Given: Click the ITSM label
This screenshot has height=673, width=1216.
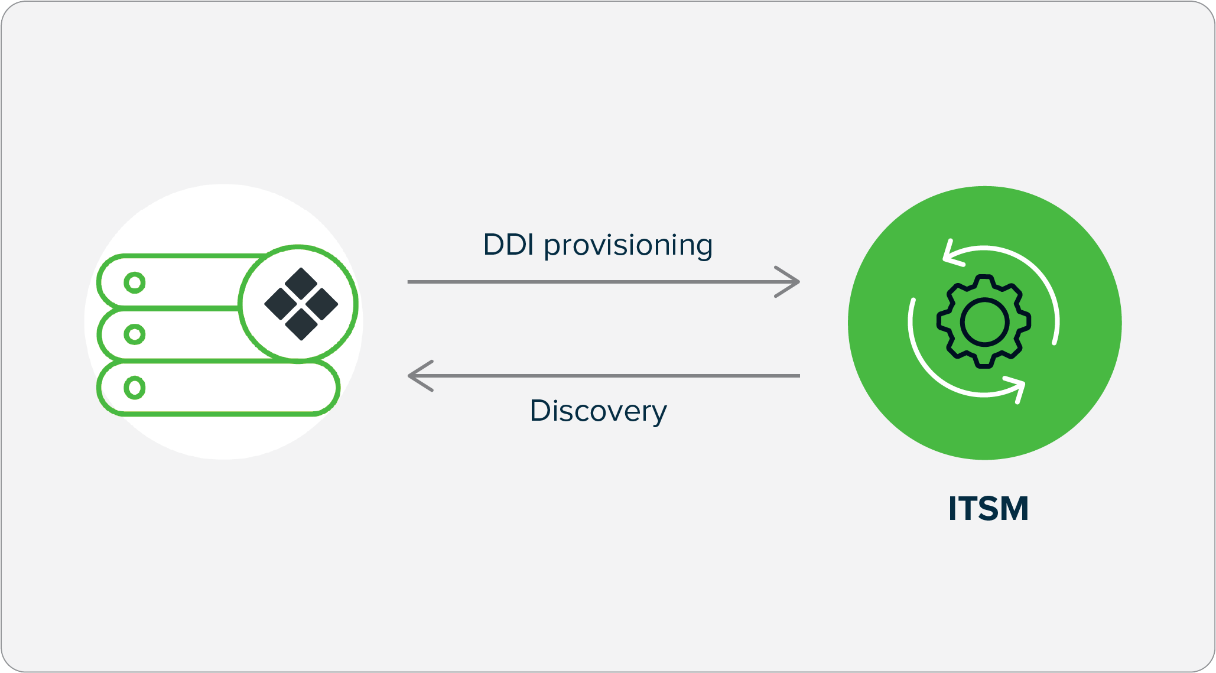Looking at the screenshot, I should (988, 509).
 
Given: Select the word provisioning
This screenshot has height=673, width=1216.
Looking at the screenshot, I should (628, 246).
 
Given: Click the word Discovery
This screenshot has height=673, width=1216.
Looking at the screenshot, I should (598, 411).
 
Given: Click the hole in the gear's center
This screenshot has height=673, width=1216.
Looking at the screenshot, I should (984, 322).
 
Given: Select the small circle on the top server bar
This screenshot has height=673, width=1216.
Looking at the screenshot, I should (135, 282).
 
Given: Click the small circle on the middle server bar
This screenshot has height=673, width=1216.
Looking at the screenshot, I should (135, 334).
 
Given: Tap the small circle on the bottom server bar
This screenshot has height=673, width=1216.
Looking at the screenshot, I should (135, 388).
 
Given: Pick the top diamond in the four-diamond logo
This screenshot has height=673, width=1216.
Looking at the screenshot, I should (301, 283).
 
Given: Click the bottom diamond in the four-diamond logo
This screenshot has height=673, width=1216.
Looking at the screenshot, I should (301, 324).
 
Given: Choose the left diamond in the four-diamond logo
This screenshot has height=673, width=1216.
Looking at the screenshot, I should (281, 304).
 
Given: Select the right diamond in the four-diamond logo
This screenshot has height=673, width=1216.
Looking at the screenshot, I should (322, 304).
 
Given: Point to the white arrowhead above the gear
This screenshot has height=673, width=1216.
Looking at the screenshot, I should (951, 253).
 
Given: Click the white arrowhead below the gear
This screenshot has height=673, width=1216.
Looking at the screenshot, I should (1017, 388).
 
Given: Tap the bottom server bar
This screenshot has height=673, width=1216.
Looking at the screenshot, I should (236, 388).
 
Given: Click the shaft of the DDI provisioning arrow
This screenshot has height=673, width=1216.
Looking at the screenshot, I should (591, 282).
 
